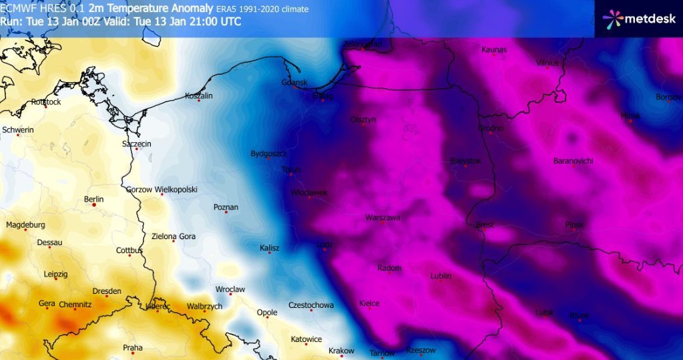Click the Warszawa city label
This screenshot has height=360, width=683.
click(x=383, y=218)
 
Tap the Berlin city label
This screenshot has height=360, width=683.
click(x=94, y=199)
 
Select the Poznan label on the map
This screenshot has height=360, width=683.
click(x=226, y=207)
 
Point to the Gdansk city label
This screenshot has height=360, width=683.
click(x=294, y=82)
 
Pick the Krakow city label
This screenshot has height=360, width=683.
click(x=341, y=351)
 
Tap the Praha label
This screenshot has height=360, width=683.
click(x=133, y=347)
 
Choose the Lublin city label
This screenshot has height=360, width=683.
click(x=441, y=275)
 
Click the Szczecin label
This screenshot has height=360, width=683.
click(x=136, y=144)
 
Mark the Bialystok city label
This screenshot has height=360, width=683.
click(x=465, y=161)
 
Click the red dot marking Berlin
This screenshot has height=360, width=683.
click(x=94, y=205)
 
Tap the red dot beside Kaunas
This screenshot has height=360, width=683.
click(x=494, y=55)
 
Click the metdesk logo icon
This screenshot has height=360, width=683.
click(x=613, y=19)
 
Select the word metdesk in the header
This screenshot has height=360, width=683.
click(x=647, y=19)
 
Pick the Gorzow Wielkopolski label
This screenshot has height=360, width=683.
click(x=162, y=190)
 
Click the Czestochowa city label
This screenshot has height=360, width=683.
click(x=310, y=305)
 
